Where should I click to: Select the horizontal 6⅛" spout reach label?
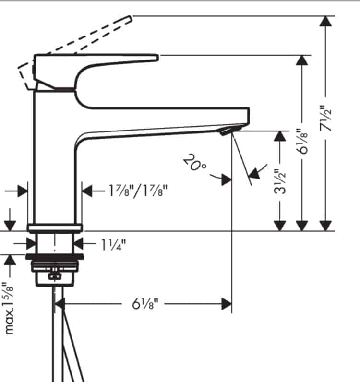(145, 303)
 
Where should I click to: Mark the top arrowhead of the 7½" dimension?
(326, 22)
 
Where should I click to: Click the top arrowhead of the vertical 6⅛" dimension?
(302, 60)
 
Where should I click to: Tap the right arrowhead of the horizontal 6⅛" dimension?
(226, 303)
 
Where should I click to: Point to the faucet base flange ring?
(55, 227)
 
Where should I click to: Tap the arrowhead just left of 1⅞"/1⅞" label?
(88, 191)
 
